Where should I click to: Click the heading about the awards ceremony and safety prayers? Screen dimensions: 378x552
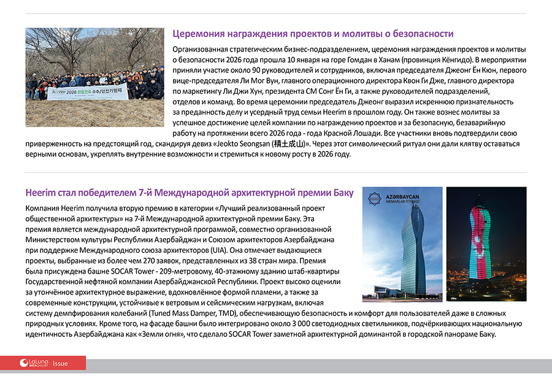tap(313, 34)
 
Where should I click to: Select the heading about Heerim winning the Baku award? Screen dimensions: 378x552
tap(189, 193)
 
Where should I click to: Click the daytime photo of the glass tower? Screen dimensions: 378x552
tap(402, 244)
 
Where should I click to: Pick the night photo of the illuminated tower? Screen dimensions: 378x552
tap(486, 244)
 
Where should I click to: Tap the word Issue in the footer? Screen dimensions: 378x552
tap(60, 363)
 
